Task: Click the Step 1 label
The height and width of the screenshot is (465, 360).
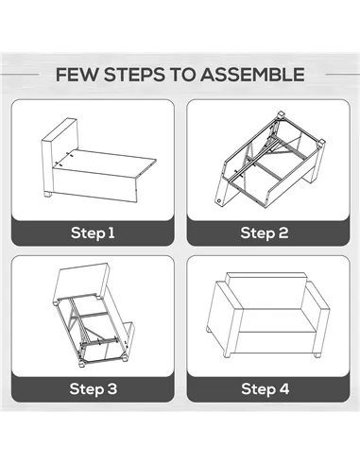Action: click(x=93, y=232)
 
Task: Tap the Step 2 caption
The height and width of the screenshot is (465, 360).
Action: click(x=265, y=232)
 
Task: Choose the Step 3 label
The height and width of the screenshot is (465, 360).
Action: click(x=94, y=388)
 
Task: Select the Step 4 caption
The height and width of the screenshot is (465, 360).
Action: click(x=265, y=388)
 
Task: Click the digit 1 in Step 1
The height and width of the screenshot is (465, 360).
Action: click(x=111, y=232)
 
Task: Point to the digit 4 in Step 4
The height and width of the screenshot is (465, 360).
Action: click(x=283, y=388)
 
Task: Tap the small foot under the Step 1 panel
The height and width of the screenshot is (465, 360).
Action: click(x=47, y=195)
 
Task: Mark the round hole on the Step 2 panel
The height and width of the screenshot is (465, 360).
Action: click(x=218, y=200)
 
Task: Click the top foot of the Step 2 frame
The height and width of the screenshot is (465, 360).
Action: click(x=281, y=114)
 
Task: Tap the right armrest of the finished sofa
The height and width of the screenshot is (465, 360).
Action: click(x=317, y=315)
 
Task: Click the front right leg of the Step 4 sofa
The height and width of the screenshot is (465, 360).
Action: click(x=317, y=354)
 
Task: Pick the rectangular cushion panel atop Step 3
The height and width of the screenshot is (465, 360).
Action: click(x=82, y=282)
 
